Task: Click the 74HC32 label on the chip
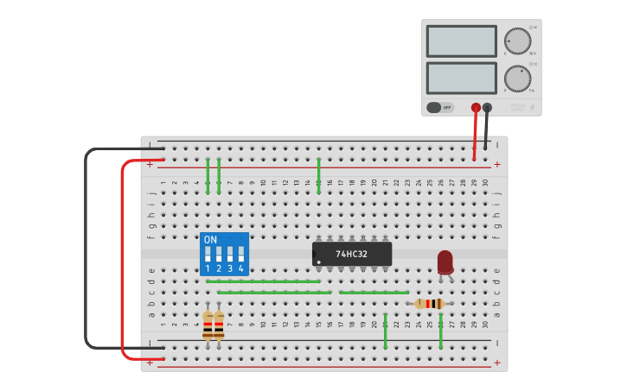click(351, 254)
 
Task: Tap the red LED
click(445, 262)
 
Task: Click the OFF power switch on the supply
click(439, 108)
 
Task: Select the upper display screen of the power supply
click(461, 41)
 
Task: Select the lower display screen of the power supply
click(461, 79)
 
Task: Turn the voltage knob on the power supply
click(517, 41)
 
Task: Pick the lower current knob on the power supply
click(517, 79)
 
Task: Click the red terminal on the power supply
click(476, 108)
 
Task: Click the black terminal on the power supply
click(488, 108)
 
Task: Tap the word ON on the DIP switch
click(210, 239)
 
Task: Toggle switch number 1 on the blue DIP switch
click(208, 255)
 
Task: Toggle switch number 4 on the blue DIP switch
click(241, 255)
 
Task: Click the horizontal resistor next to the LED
click(430, 304)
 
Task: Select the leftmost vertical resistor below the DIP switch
click(208, 325)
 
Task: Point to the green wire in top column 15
click(318, 175)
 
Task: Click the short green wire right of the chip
click(374, 293)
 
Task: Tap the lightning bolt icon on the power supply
click(532, 108)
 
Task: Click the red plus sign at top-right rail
click(496, 164)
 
